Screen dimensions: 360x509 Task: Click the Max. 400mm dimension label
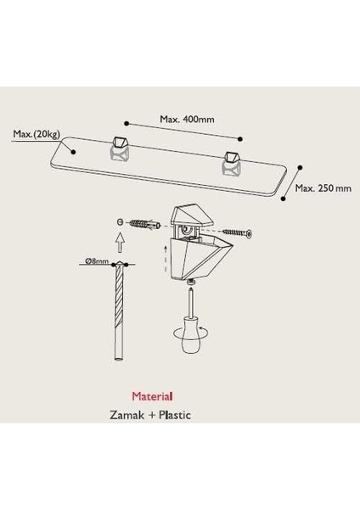coord(187,120)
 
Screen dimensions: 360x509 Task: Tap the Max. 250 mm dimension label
coord(323,188)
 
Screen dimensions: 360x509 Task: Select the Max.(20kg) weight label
coord(37,134)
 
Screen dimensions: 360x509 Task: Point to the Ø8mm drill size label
coord(97,261)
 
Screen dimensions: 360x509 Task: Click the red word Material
coord(152,396)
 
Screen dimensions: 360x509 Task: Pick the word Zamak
coord(127,415)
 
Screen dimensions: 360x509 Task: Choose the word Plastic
coord(175,415)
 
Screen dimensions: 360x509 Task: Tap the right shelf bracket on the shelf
coord(231,162)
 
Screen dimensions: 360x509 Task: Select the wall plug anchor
coord(145,224)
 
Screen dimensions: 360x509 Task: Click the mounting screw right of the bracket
coord(238,232)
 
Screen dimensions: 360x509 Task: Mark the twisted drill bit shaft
coord(119,310)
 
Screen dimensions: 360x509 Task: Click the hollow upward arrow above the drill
coord(121,243)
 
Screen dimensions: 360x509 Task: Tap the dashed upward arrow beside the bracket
coord(166,260)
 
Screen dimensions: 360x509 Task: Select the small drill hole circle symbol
coord(120,222)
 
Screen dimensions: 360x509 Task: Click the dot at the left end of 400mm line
coord(127,123)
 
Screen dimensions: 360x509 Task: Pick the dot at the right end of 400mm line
coord(240,139)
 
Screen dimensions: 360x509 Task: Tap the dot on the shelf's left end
coord(73,152)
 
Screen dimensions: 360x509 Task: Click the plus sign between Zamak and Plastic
coord(151,415)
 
